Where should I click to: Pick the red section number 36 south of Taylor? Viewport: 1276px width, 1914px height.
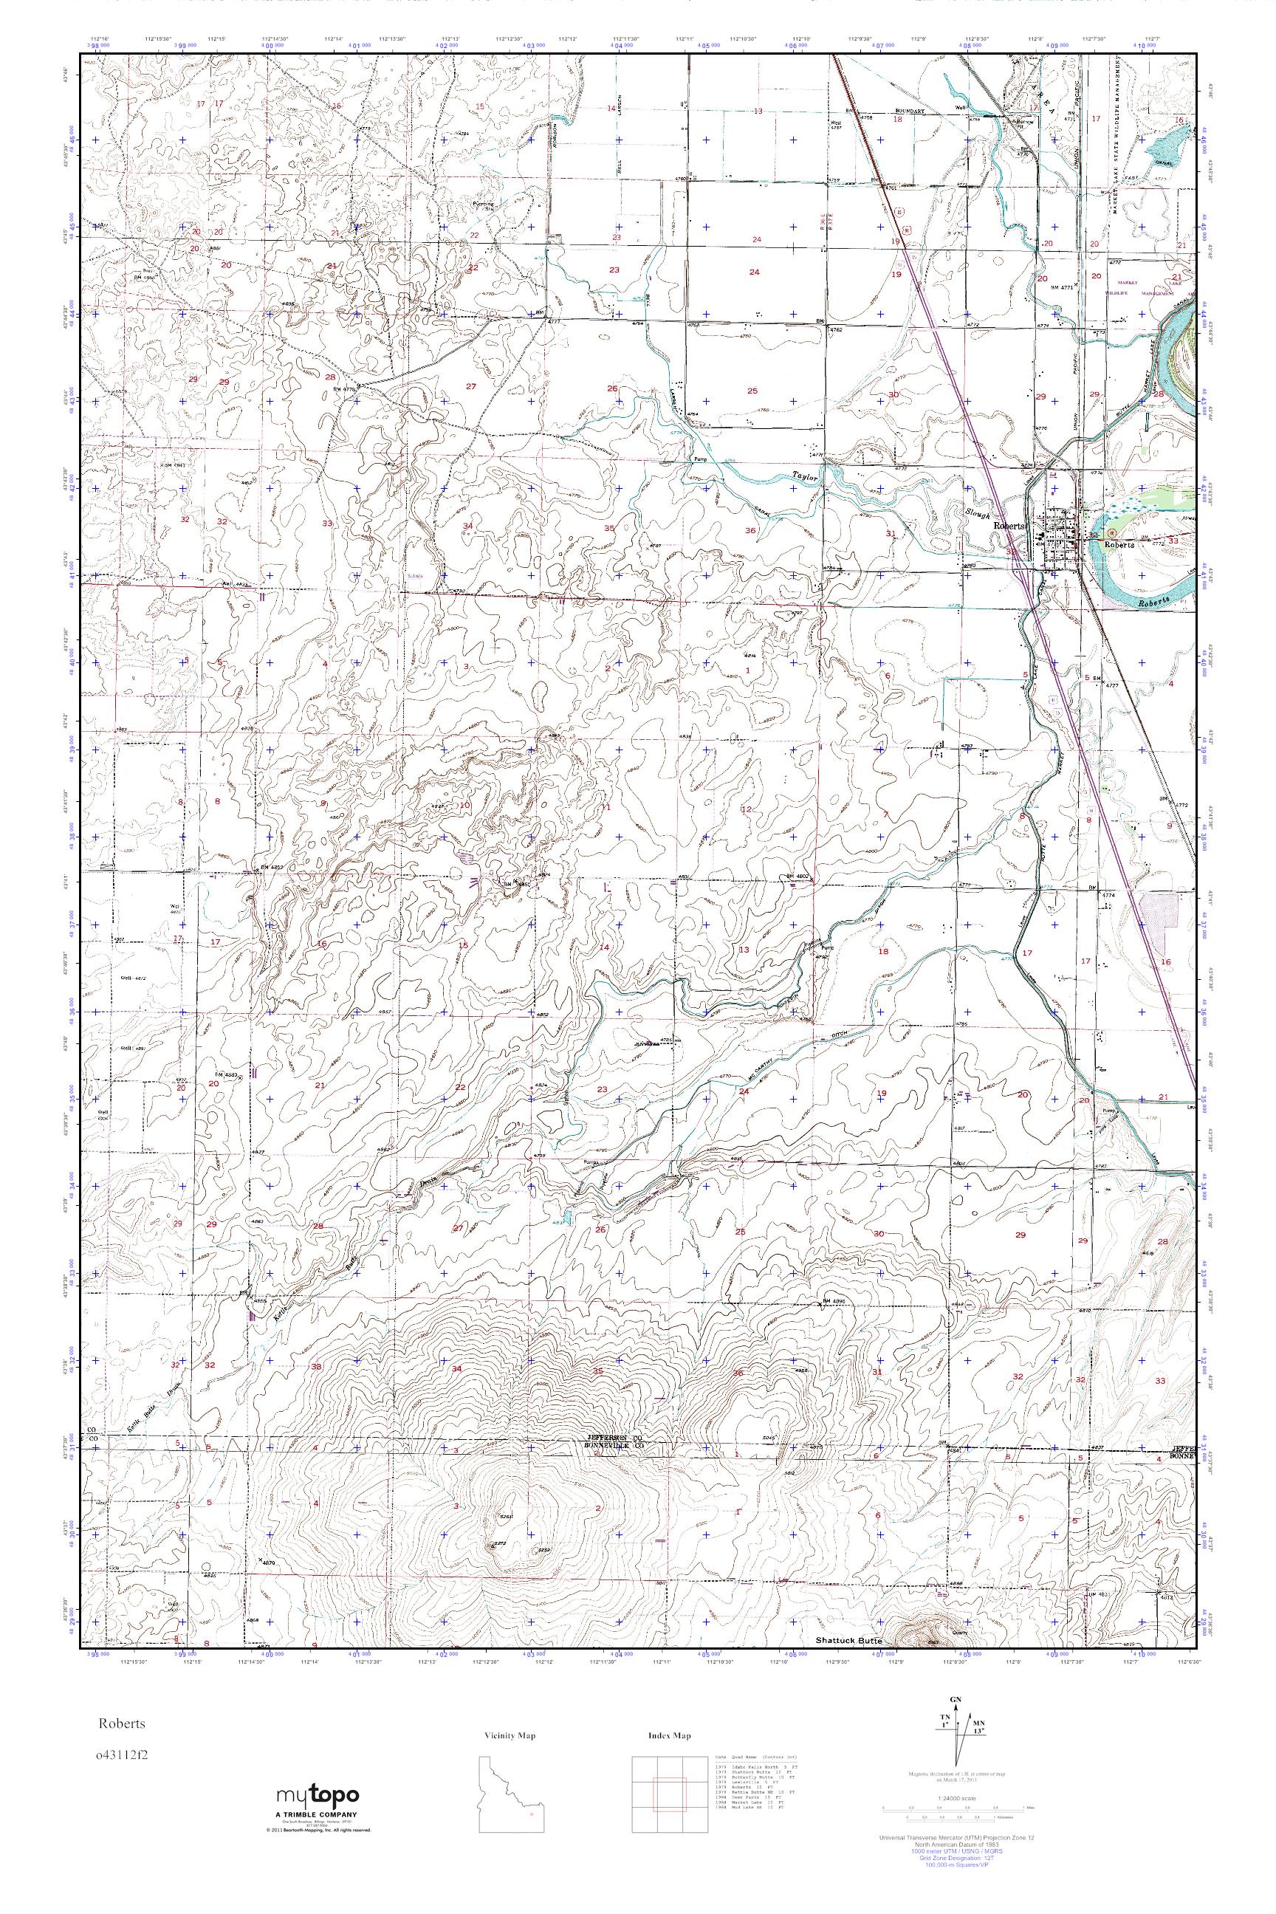pyautogui.click(x=750, y=531)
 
